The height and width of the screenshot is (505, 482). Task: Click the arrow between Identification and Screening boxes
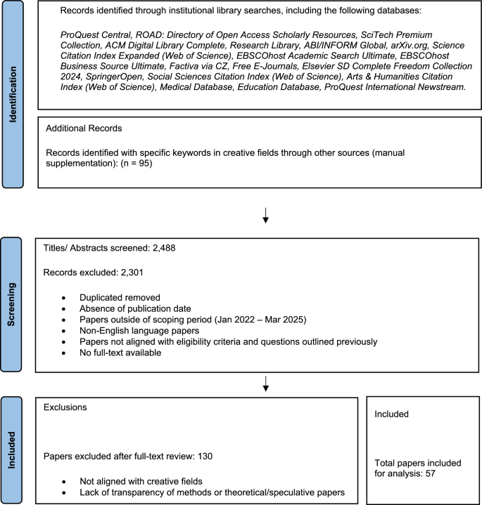(x=265, y=216)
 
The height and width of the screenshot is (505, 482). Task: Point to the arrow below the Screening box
(x=265, y=383)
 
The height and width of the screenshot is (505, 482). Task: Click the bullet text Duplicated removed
(x=120, y=297)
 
